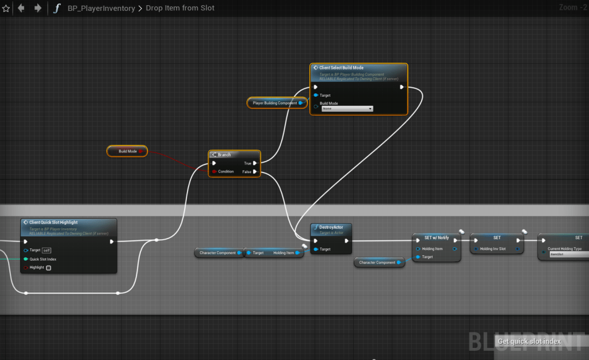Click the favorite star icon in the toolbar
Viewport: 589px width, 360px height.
pos(6,8)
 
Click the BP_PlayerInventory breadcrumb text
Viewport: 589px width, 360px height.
pos(102,9)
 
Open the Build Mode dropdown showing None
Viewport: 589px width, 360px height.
pos(347,108)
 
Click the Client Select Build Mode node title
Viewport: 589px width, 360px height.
pos(341,68)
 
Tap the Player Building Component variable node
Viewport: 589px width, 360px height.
pos(275,103)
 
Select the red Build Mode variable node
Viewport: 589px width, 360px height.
pos(127,151)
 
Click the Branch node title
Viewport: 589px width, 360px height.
pos(224,155)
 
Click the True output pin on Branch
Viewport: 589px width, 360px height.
pos(255,163)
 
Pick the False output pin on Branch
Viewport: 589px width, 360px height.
pos(255,171)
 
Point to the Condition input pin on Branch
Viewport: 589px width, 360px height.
pos(214,171)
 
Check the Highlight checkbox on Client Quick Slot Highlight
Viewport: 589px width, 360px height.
pos(48,267)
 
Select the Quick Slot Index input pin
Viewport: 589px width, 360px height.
pos(26,259)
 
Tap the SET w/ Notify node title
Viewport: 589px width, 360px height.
pos(436,238)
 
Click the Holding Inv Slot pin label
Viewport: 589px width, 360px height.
pos(493,249)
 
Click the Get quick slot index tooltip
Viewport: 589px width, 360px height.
pos(529,342)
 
